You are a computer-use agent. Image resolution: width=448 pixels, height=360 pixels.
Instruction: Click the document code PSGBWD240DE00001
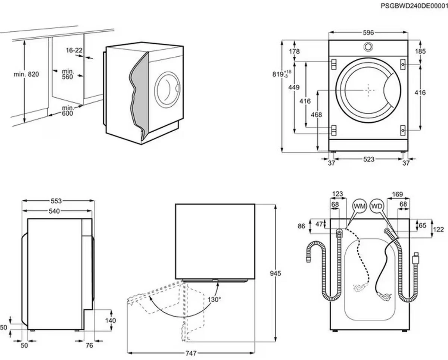click(x=414, y=6)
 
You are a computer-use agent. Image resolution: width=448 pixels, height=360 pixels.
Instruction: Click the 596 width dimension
click(x=368, y=33)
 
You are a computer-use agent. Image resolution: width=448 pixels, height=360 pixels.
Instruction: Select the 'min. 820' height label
click(x=27, y=74)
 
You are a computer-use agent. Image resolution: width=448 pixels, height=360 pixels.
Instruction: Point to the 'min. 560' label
click(x=67, y=73)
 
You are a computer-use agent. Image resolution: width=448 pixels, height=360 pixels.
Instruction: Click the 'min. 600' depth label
click(x=68, y=110)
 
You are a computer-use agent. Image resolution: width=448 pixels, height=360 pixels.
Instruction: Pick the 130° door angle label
click(x=214, y=299)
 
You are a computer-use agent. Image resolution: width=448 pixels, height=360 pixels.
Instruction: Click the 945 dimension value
click(x=276, y=273)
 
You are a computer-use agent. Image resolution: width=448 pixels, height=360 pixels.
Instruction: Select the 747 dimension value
click(x=191, y=353)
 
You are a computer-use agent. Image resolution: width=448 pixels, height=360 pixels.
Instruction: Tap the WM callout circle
click(x=360, y=206)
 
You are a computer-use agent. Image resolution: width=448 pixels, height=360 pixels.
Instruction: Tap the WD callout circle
click(x=376, y=206)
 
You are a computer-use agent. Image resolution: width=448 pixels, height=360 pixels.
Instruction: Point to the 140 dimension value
click(x=111, y=320)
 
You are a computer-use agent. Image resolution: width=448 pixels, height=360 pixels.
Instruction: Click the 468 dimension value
click(x=316, y=115)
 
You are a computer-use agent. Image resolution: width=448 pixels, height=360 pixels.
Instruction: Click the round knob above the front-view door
click(x=368, y=46)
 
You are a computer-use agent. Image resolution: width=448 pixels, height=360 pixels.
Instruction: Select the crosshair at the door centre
click(x=368, y=90)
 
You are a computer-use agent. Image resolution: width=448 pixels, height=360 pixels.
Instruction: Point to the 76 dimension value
click(x=90, y=346)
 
